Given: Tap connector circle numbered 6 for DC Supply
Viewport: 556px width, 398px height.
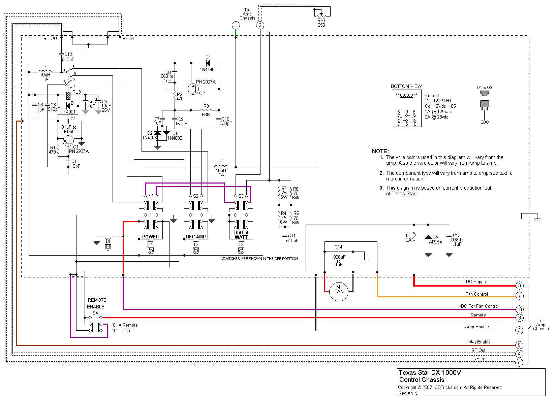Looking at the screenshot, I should pyautogui.click(x=519, y=286).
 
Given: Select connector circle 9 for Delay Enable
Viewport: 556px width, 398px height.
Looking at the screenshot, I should pyautogui.click(x=519, y=345).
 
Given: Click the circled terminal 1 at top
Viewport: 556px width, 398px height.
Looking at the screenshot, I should pyautogui.click(x=236, y=25).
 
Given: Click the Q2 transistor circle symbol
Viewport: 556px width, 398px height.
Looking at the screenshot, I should pyautogui.click(x=193, y=89).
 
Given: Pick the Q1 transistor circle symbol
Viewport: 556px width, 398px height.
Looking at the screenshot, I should pyautogui.click(x=68, y=141).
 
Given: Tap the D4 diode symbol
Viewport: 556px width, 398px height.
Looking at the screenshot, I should pyautogui.click(x=208, y=63).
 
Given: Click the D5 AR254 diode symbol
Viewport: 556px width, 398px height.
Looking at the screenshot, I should pyautogui.click(x=428, y=237).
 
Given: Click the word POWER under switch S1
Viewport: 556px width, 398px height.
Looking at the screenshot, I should pyautogui.click(x=150, y=237).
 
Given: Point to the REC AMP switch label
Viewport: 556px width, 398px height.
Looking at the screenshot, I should pyautogui.click(x=196, y=237).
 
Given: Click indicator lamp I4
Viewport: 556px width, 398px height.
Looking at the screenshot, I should pyautogui.click(x=108, y=244).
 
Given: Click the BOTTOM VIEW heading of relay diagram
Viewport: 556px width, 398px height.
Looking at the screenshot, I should pyautogui.click(x=406, y=87).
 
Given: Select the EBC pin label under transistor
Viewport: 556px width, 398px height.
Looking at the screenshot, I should pyautogui.click(x=484, y=122).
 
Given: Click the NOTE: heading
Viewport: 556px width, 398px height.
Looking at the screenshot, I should pyautogui.click(x=380, y=151).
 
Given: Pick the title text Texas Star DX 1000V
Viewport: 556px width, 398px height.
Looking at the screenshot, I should pyautogui.click(x=430, y=373).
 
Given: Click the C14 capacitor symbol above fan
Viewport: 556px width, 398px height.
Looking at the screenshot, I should pyautogui.click(x=339, y=252).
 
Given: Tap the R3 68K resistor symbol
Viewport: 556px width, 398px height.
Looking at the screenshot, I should pyautogui.click(x=206, y=110).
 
